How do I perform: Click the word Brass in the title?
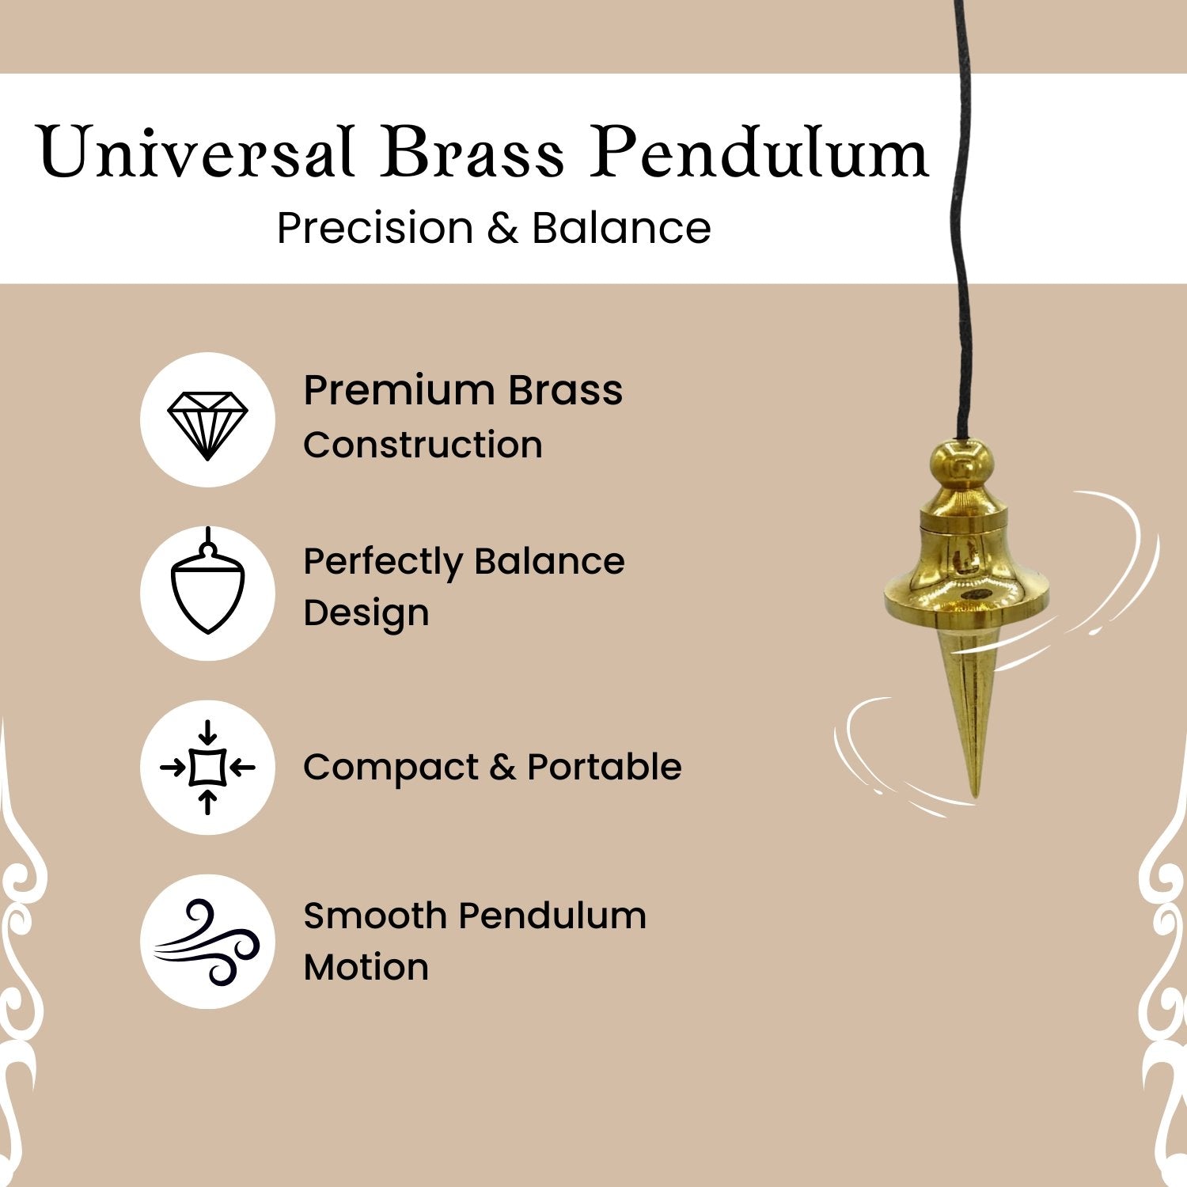click(472, 151)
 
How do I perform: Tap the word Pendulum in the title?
click(759, 151)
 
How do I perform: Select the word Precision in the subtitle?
click(375, 228)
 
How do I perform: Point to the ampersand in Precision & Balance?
click(502, 229)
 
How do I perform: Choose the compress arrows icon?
click(207, 767)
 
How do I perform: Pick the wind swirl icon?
click(207, 942)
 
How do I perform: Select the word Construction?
click(423, 445)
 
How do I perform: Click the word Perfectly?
click(383, 563)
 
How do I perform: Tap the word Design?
click(366, 614)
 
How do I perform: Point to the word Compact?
click(391, 767)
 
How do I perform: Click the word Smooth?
click(375, 916)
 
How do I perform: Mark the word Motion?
click(366, 967)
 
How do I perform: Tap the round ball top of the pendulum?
click(961, 465)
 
